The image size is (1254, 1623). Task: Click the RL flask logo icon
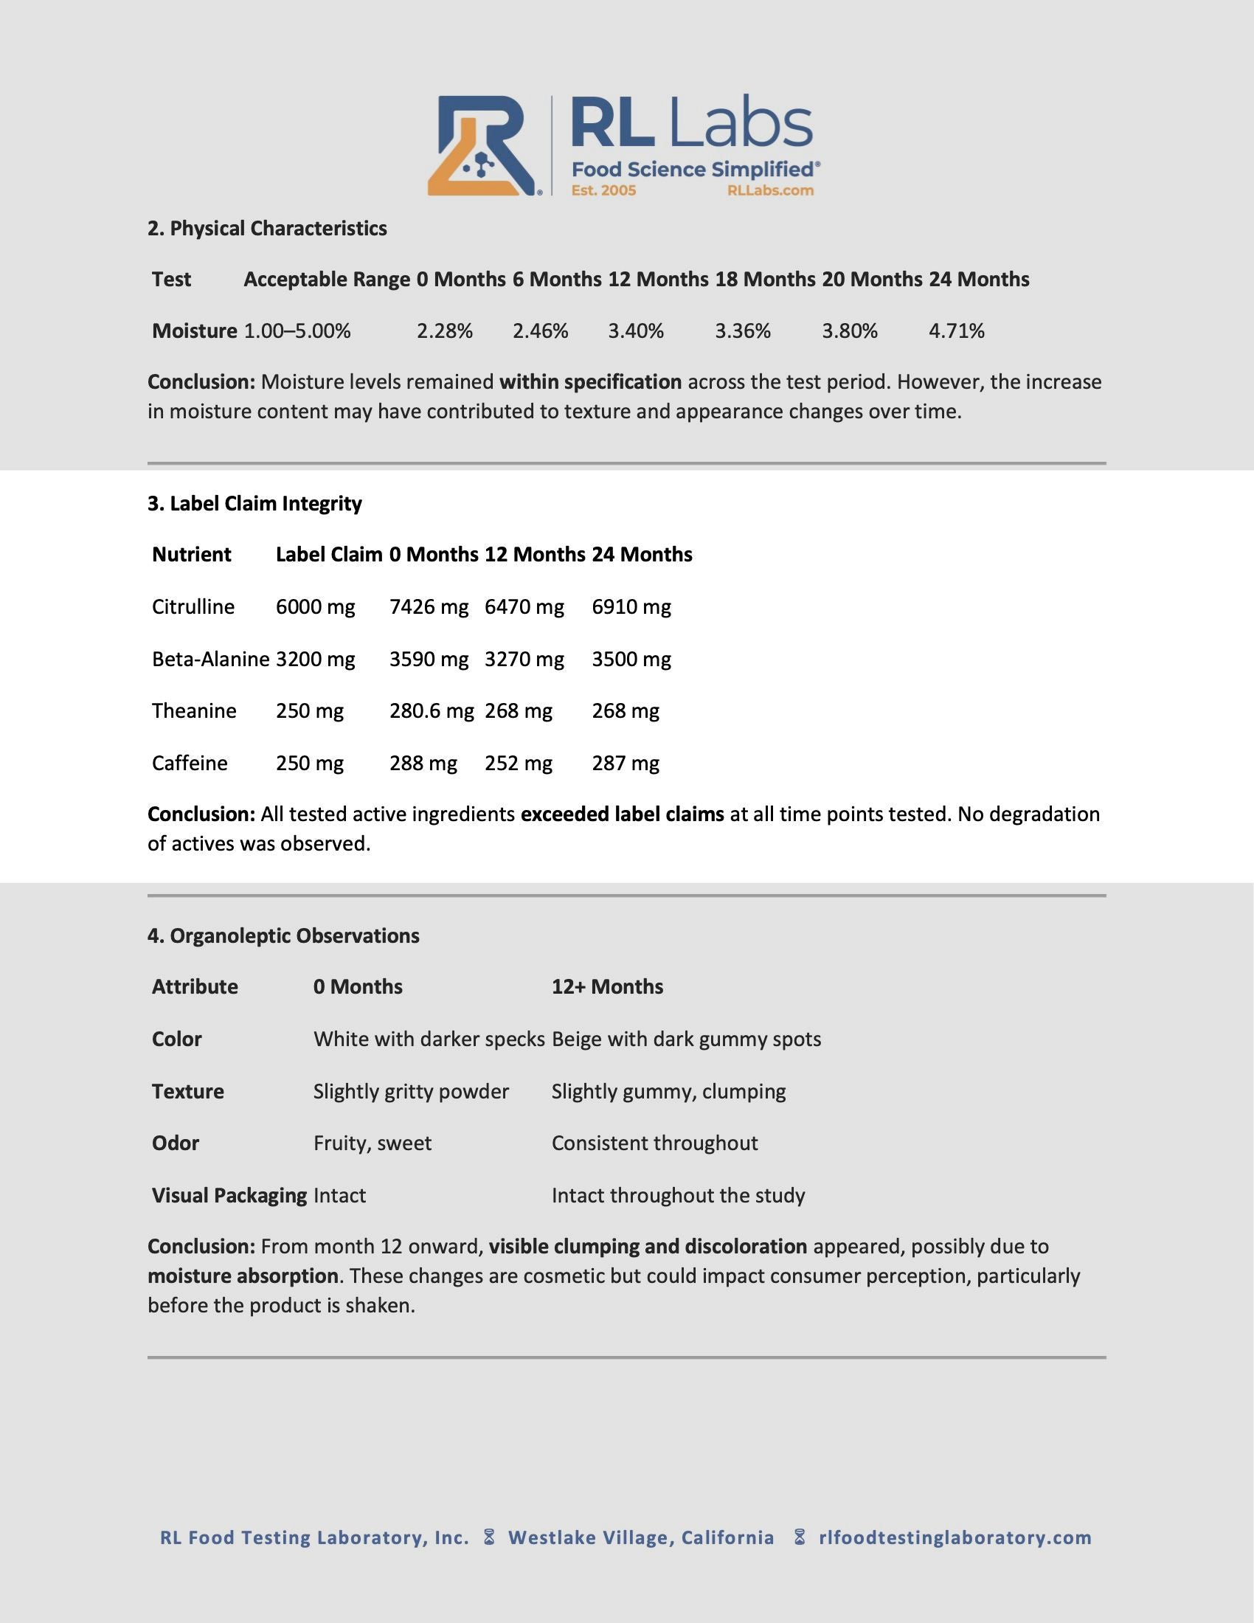(484, 146)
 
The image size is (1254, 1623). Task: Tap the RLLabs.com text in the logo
(770, 190)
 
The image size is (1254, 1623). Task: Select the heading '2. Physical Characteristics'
(268, 228)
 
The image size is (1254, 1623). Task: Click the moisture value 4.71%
(957, 331)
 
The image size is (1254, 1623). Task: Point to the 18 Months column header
(765, 280)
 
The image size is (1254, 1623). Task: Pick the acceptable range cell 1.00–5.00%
(297, 331)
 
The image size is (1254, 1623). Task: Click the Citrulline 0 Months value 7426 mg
(429, 606)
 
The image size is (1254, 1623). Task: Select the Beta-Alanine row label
(211, 659)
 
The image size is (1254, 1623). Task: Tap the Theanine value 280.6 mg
(432, 711)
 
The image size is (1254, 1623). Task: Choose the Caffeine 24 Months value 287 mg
(626, 764)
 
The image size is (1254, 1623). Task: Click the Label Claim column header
(329, 554)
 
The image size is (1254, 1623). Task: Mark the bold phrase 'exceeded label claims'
(623, 814)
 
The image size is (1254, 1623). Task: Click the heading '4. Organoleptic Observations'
(283, 935)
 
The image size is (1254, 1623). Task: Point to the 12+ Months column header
(608, 987)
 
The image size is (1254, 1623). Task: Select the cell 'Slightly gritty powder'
(411, 1092)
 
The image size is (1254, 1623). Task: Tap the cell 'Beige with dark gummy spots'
(687, 1039)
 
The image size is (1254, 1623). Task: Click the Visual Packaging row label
(229, 1196)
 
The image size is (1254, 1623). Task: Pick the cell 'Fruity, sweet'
(373, 1143)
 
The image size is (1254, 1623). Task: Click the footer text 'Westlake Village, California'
(641, 1537)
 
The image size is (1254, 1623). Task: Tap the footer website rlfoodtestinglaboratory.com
(955, 1537)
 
